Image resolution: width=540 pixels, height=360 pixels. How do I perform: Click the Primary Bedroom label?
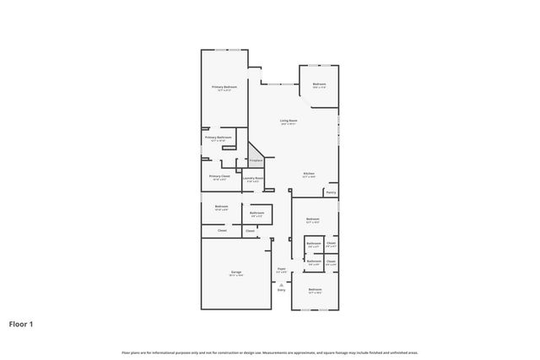[x=224, y=87]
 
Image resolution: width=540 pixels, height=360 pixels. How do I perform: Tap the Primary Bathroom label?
[x=218, y=137]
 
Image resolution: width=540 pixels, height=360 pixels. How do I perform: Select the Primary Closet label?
[x=220, y=176]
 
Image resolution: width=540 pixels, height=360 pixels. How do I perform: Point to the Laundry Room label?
[x=253, y=178]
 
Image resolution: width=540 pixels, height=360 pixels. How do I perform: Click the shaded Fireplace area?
[x=255, y=155]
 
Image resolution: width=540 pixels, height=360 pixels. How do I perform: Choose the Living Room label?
[x=289, y=121]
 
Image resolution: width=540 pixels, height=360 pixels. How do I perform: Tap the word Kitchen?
[x=310, y=174]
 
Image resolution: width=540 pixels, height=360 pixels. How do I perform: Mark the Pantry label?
[x=331, y=192]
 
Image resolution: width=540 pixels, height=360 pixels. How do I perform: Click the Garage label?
[x=236, y=272]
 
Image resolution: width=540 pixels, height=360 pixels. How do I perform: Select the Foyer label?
[x=282, y=270]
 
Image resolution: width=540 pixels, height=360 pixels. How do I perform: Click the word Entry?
[x=281, y=290]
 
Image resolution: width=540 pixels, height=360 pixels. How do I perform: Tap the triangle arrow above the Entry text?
[x=281, y=284]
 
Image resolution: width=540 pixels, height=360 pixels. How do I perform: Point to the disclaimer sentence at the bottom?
[x=269, y=352]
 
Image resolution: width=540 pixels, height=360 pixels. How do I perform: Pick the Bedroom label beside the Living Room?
[x=320, y=83]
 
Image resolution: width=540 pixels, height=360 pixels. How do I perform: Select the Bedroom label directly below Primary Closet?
[x=221, y=207]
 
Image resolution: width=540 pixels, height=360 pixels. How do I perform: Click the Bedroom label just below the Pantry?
[x=313, y=219]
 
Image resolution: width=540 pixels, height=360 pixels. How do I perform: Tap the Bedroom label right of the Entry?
[x=315, y=290]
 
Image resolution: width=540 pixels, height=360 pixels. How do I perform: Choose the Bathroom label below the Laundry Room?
[x=257, y=213]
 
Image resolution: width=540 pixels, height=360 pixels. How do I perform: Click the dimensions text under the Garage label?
[x=236, y=276]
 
